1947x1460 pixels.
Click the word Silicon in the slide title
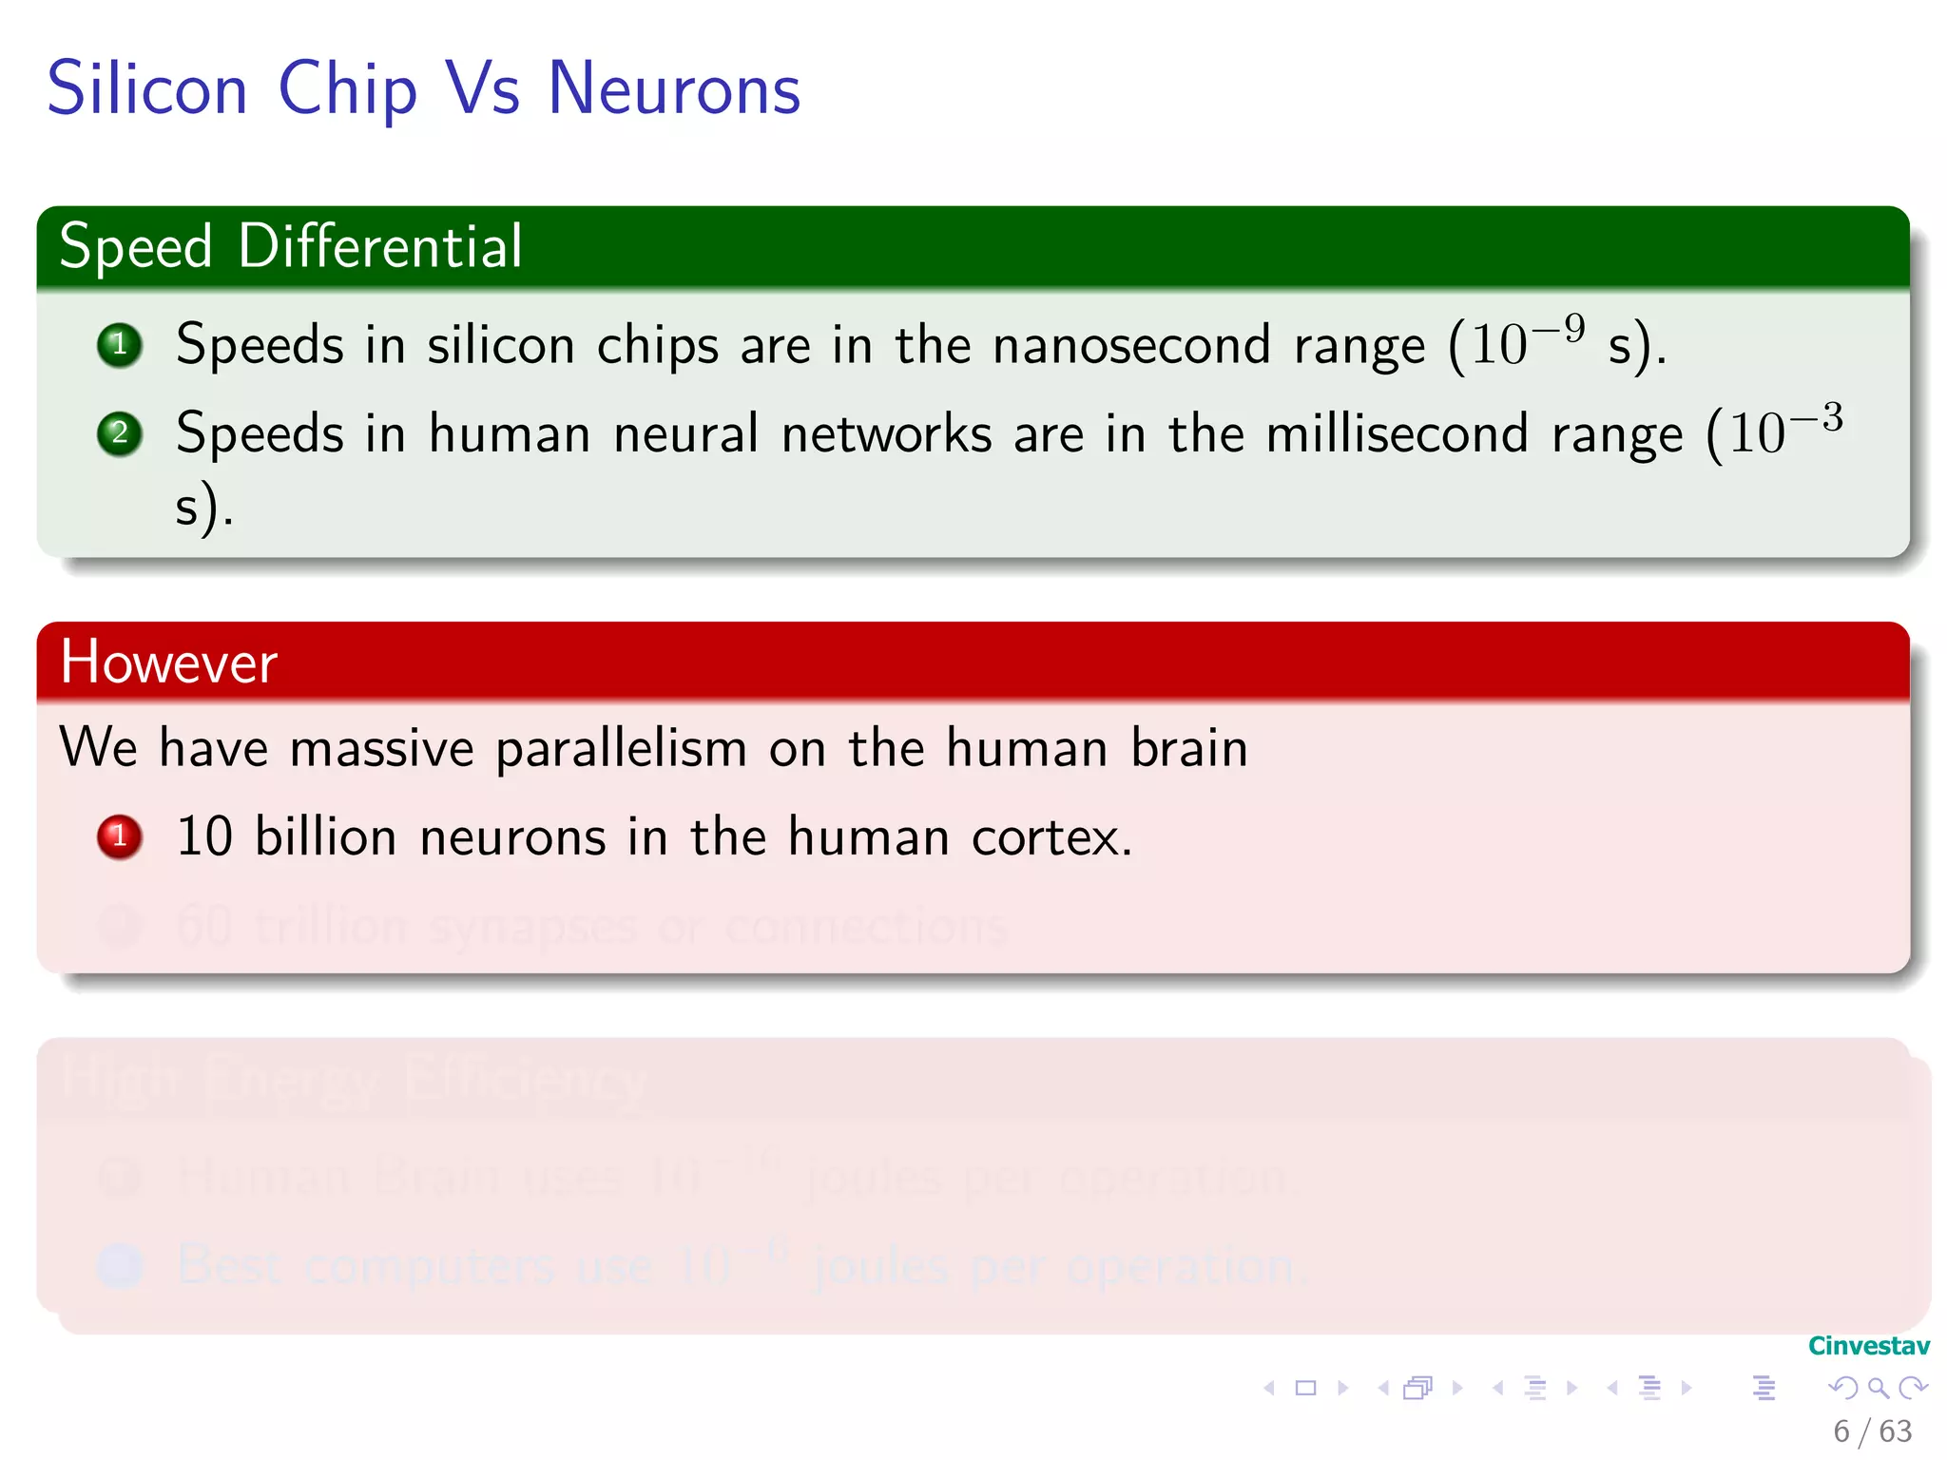tap(147, 88)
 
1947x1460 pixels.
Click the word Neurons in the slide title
tap(674, 88)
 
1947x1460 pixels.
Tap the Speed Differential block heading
tap(291, 246)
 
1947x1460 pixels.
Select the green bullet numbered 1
tap(120, 344)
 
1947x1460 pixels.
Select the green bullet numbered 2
tap(120, 433)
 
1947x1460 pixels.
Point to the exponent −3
tap(1817, 418)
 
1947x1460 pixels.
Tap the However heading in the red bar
tap(169, 662)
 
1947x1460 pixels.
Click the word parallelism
tap(621, 748)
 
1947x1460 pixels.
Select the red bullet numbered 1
tap(120, 836)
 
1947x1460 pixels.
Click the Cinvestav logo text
tap(1868, 1346)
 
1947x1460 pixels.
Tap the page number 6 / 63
tap(1872, 1431)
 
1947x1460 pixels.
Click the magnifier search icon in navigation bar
tap(1878, 1388)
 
